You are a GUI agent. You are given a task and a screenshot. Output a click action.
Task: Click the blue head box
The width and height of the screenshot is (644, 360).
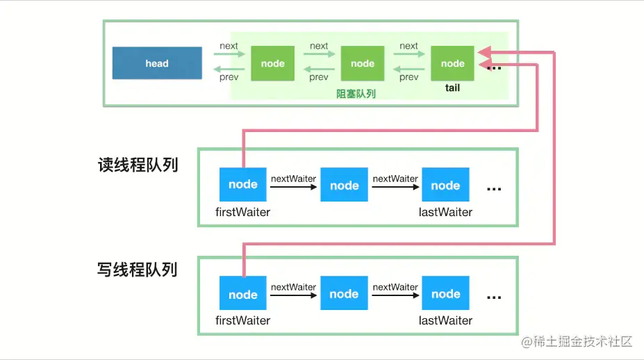coord(157,63)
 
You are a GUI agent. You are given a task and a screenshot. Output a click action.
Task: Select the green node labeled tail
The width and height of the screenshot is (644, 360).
coord(452,63)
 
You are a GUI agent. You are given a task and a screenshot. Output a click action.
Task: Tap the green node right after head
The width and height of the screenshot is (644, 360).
coord(273,63)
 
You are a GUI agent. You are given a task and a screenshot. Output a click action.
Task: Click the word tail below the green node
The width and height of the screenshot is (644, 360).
coord(452,88)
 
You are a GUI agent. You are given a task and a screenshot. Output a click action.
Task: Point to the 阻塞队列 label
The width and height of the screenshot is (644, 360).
coord(356,94)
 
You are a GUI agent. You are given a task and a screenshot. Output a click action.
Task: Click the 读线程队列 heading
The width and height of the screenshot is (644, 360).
coord(138,165)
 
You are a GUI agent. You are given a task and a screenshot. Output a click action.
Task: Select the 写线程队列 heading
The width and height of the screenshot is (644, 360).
coord(137,270)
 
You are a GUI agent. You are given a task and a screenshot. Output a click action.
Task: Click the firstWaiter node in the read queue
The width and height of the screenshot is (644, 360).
coord(242,185)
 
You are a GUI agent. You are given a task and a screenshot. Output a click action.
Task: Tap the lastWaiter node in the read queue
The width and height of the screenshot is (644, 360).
coord(445,185)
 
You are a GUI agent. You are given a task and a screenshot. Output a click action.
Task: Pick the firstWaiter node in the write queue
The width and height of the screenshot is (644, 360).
coord(242,293)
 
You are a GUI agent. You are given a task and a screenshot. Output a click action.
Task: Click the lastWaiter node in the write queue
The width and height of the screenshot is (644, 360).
coord(445,293)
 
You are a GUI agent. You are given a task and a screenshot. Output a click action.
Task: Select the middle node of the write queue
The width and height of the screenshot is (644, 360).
coord(344,293)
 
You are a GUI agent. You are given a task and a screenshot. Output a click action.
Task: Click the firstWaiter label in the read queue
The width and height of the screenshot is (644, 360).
coord(242,212)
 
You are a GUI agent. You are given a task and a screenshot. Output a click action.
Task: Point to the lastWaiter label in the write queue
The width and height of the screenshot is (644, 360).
coord(445,320)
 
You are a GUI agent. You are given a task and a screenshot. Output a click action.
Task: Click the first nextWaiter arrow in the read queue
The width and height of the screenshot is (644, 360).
coord(294,187)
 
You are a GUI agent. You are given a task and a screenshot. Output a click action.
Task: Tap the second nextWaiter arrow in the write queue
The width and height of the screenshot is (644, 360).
coord(395,295)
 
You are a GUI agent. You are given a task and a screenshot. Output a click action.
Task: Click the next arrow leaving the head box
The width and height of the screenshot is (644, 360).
coord(229,54)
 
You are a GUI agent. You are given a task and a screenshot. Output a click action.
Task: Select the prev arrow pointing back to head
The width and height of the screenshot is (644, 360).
coord(229,69)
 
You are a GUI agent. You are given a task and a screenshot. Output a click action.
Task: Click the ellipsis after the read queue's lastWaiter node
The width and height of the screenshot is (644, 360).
coord(494,190)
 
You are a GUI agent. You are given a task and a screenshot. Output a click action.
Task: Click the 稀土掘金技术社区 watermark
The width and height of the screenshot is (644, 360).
coord(577,341)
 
